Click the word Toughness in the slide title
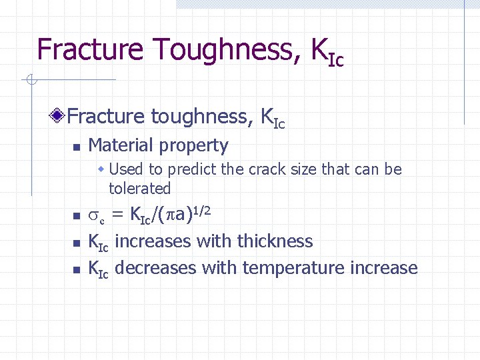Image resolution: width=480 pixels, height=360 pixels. click(x=223, y=49)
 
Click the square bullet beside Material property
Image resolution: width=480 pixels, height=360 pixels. click(x=76, y=147)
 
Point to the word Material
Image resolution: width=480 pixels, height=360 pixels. click(x=123, y=145)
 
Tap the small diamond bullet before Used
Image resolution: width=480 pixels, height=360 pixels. click(x=102, y=169)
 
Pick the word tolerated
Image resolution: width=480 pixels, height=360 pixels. click(x=139, y=189)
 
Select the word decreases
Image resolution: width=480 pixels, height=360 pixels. click(x=155, y=268)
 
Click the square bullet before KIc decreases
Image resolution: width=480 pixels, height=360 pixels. click(x=76, y=270)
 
